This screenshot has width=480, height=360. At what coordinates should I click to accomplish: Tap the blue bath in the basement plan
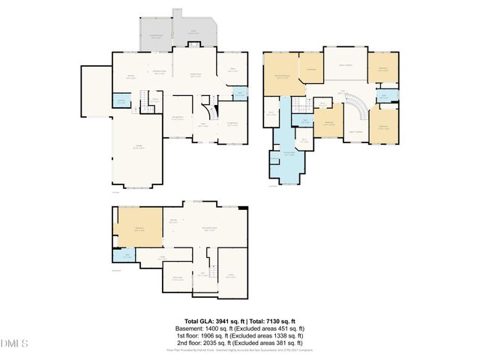(119, 256)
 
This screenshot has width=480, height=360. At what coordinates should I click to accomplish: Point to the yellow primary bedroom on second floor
(283, 75)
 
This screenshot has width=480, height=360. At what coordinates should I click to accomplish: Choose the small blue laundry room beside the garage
(120, 102)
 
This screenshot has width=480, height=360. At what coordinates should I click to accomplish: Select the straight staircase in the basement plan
(213, 274)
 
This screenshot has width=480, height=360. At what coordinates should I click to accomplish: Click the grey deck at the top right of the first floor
(193, 32)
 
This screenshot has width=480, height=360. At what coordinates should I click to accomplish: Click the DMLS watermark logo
(14, 343)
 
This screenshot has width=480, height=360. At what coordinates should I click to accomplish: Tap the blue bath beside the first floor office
(239, 93)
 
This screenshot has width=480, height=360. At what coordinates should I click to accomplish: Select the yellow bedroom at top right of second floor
(382, 70)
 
